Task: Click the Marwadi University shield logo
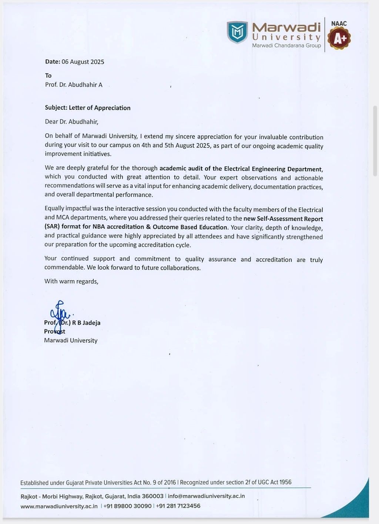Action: pos(237,32)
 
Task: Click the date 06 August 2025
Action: pos(83,62)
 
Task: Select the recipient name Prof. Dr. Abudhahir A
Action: pos(74,85)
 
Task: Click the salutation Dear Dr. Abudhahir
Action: pos(71,122)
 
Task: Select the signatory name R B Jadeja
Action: pos(86,323)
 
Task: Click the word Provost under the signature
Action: pos(54,331)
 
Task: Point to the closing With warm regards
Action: pos(71,281)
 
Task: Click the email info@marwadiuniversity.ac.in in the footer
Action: pos(206,496)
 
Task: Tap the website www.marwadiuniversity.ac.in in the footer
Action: pos(59,506)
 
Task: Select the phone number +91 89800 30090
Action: pos(127,506)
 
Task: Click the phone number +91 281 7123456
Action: pos(178,506)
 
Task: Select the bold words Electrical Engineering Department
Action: pos(273,169)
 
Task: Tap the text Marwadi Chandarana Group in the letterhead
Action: pos(286,46)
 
